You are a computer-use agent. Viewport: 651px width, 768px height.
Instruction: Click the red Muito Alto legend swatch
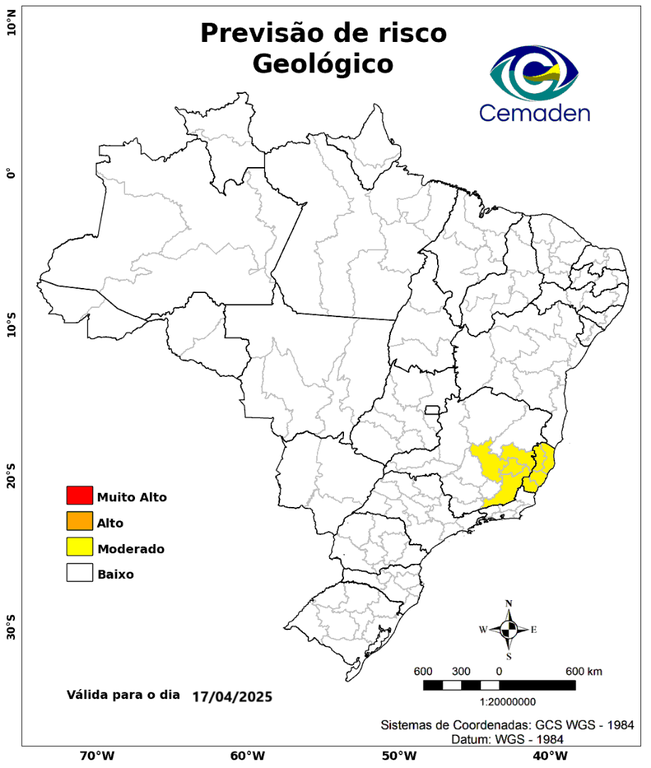coord(79,495)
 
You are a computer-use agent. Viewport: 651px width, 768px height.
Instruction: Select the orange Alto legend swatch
coord(79,521)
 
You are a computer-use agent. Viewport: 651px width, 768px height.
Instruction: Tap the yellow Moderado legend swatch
coord(79,547)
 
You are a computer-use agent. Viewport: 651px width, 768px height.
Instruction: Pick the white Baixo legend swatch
coord(79,573)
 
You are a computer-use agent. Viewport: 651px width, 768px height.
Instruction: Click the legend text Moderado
coord(131,548)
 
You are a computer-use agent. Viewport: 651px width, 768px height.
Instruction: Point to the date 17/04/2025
coord(232,695)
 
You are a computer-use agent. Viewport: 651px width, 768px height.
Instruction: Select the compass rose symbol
coord(508,629)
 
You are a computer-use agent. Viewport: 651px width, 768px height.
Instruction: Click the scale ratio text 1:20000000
coord(500,701)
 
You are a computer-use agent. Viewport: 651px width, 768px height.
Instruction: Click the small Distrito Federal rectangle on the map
coord(433,409)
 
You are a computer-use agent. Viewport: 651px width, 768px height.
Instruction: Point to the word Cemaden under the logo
coord(534,113)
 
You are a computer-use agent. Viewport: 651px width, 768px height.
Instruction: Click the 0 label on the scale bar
coord(499,670)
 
